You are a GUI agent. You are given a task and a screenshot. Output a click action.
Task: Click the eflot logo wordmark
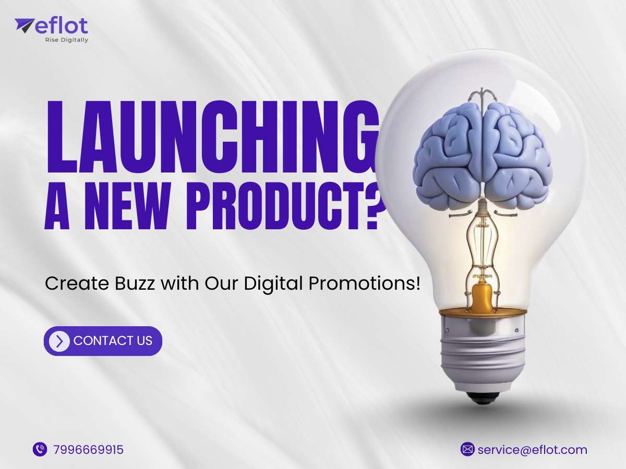click(x=62, y=26)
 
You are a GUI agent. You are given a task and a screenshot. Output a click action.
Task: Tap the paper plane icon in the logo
click(x=24, y=26)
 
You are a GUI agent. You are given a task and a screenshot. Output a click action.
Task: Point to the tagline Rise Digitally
click(x=67, y=40)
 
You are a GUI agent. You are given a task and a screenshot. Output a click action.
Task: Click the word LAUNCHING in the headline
click(x=212, y=137)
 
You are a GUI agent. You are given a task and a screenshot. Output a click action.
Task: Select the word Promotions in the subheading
click(x=362, y=283)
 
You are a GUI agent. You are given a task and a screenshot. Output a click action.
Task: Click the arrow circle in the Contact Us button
click(x=59, y=341)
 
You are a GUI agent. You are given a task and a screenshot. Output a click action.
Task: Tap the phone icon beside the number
click(x=40, y=449)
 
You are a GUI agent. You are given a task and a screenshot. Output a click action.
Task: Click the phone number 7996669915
click(x=88, y=450)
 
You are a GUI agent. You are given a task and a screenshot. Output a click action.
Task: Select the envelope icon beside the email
click(x=467, y=449)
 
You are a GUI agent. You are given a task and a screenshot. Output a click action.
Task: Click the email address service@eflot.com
click(x=533, y=450)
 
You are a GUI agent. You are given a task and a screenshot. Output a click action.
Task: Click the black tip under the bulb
click(x=483, y=397)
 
